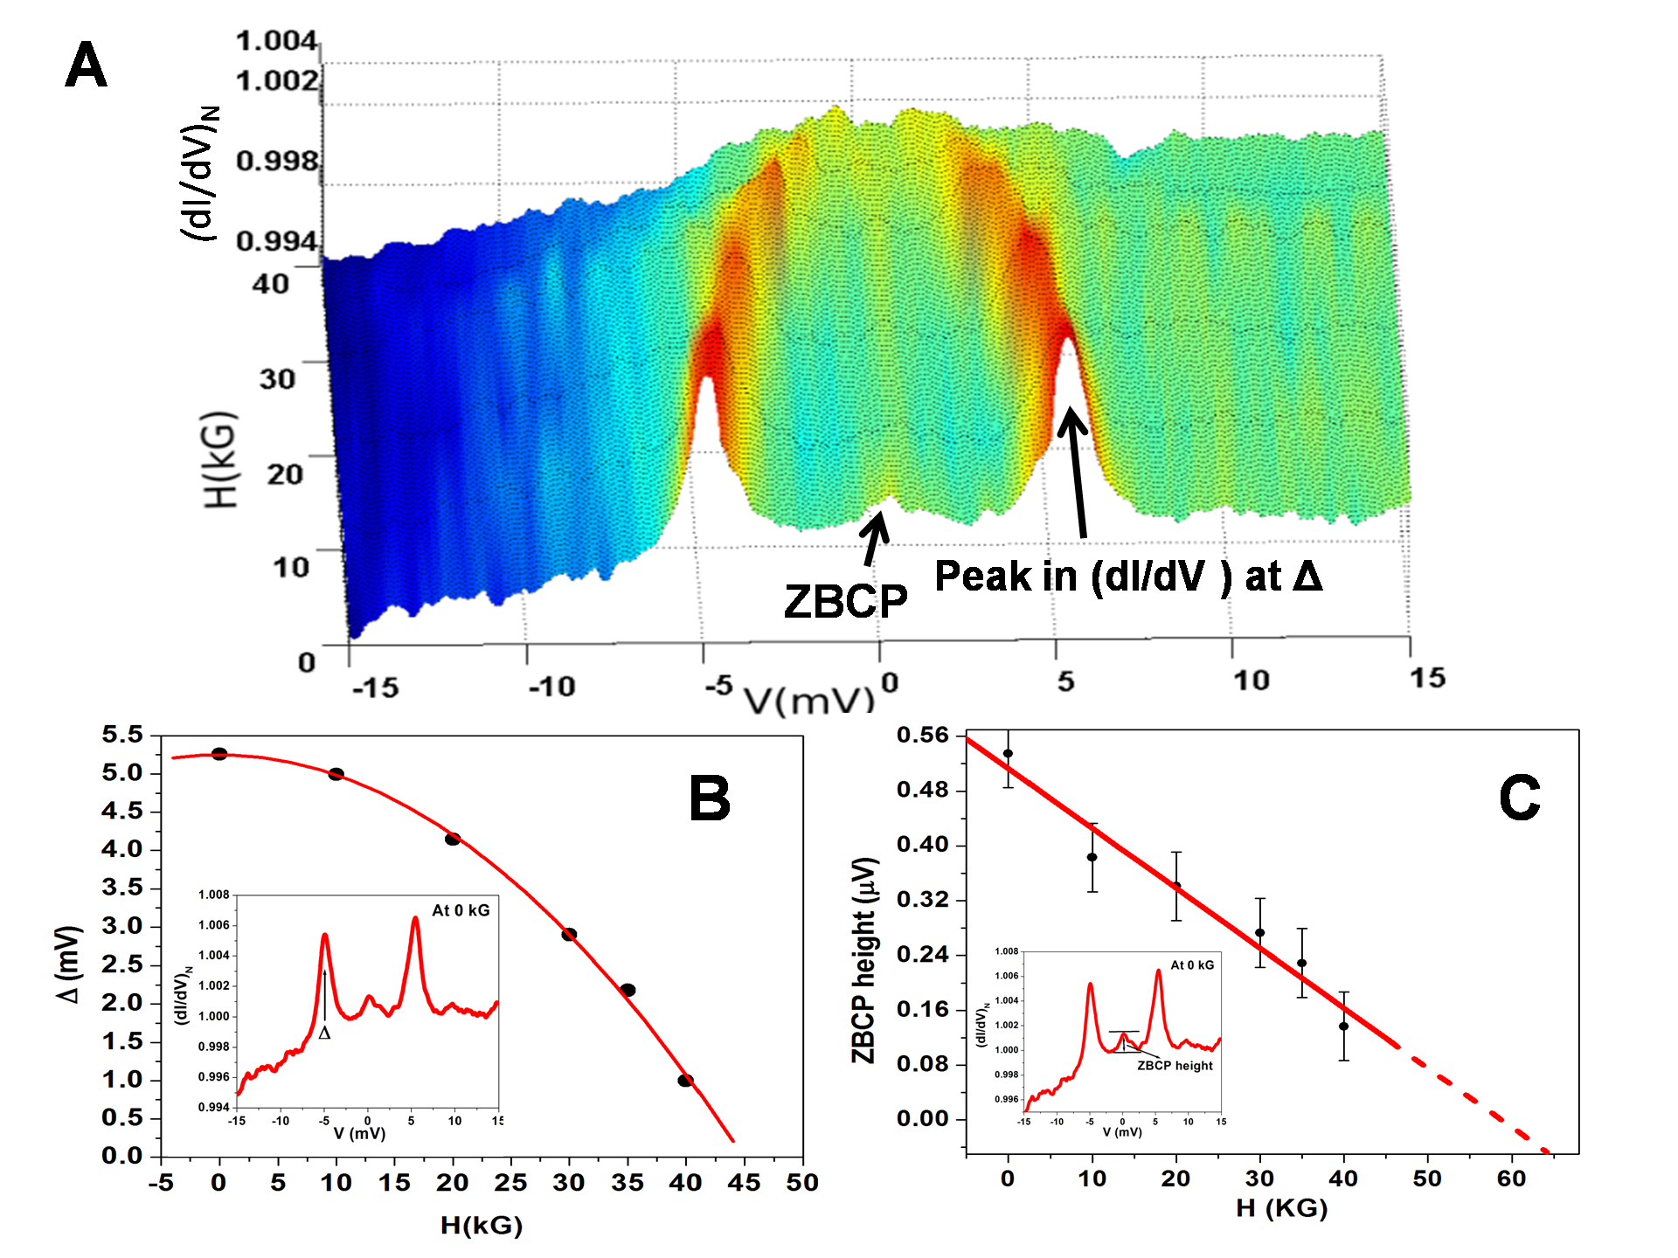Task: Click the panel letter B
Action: [x=709, y=798]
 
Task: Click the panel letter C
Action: [x=1519, y=798]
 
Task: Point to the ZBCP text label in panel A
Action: [x=845, y=601]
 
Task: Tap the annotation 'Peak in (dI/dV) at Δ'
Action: [x=1127, y=577]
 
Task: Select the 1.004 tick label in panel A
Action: [x=275, y=40]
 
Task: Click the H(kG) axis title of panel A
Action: [x=221, y=459]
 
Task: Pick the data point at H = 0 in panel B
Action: [x=219, y=754]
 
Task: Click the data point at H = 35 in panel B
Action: [x=628, y=990]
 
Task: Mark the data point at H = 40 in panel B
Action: [x=685, y=1081]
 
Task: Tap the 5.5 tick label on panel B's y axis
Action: [x=122, y=735]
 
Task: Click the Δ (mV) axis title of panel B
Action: [x=68, y=964]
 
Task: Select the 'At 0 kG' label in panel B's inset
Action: [x=461, y=910]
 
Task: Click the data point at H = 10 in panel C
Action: [x=1092, y=857]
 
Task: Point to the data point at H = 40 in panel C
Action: [x=1344, y=1026]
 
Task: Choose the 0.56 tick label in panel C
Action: [x=922, y=736]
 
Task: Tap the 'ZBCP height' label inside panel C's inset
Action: [x=1175, y=1066]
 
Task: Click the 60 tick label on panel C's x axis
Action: [x=1511, y=1179]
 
